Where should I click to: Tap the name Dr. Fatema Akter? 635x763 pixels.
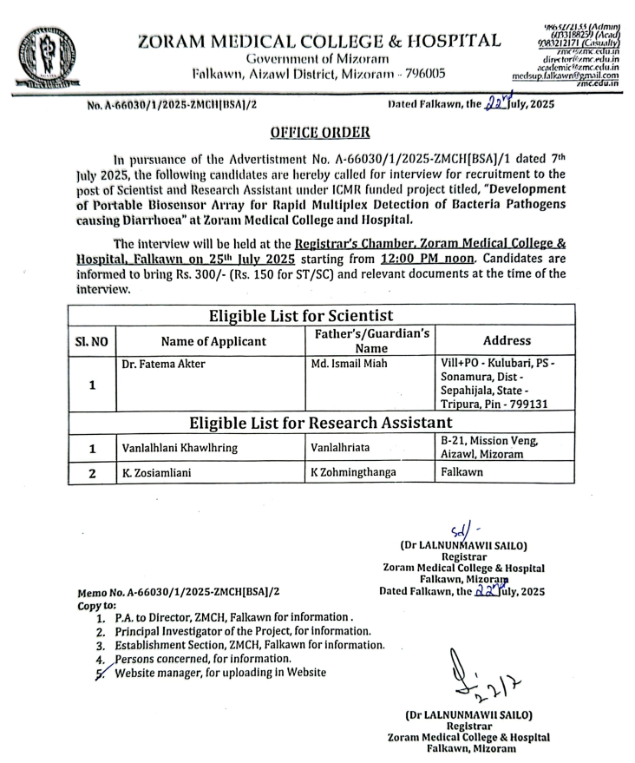point(162,364)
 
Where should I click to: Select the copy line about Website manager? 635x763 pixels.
point(220,672)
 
